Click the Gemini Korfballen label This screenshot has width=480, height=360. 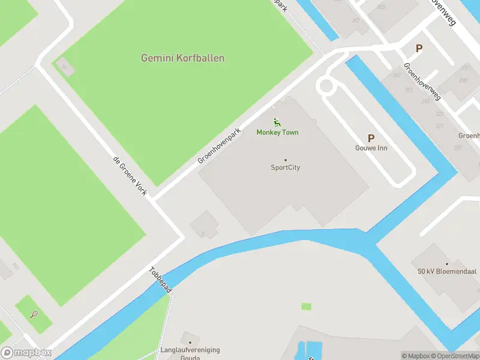182,58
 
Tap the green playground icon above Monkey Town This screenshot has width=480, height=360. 277,122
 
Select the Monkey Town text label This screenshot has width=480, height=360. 277,132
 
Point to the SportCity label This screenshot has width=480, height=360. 285,167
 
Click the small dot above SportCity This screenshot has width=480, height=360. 285,160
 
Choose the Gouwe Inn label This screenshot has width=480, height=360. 370,148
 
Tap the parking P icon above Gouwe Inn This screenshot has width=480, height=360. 371,138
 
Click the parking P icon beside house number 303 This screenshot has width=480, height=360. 419,48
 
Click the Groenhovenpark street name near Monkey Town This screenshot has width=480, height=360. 219,146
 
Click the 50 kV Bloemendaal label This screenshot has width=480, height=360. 446,271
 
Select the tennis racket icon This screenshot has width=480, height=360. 34,313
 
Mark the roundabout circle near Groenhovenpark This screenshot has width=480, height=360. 326,86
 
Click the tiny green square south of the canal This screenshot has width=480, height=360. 307,307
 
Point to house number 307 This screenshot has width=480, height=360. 356,20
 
